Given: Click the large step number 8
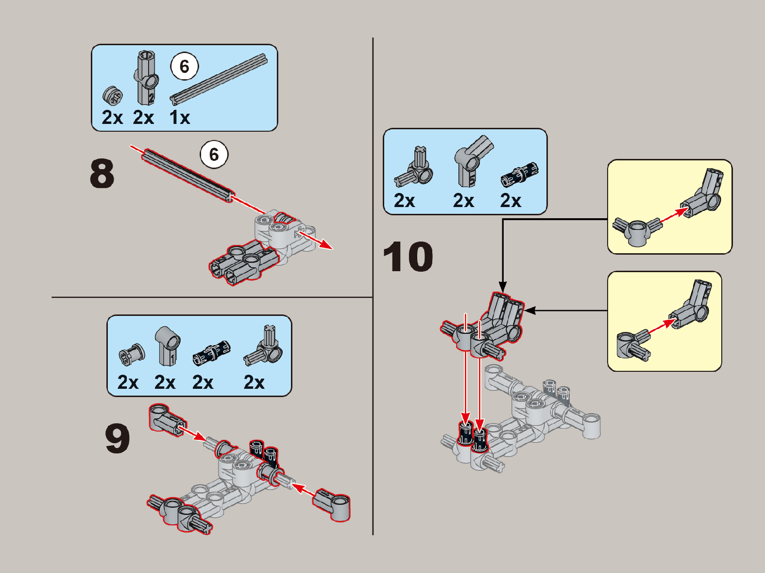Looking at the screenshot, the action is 102,174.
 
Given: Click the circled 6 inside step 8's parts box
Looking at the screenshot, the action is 185,66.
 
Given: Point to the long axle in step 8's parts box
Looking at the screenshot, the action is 219,79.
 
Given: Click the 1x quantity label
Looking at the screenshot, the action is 180,118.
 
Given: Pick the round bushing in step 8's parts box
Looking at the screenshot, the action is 113,96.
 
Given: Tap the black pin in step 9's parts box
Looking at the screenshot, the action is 212,353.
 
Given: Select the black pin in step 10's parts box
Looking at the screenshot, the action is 519,174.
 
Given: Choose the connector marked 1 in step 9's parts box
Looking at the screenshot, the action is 168,346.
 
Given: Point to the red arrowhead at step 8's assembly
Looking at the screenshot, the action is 326,245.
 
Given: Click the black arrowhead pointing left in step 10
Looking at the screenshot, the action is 529,310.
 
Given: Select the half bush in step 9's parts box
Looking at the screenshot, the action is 132,354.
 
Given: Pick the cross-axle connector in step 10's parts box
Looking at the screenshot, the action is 413,167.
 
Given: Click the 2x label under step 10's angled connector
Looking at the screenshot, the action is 463,201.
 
